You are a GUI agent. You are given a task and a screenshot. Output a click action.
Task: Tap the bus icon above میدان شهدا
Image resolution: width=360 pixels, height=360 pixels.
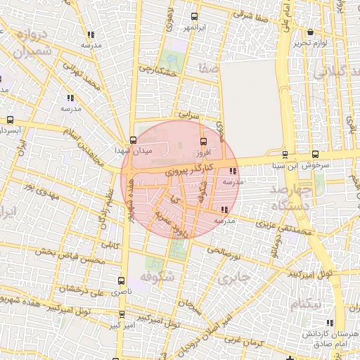pyautogui.click(x=133, y=139)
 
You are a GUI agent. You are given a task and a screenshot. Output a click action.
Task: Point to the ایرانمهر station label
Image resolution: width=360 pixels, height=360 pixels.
pyautogui.click(x=197, y=27)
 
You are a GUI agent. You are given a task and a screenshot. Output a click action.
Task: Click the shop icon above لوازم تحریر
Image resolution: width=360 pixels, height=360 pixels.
pyautogui.click(x=310, y=32)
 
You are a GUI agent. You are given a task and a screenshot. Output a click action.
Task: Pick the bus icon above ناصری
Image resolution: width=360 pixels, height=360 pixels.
pyautogui.click(x=123, y=280)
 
